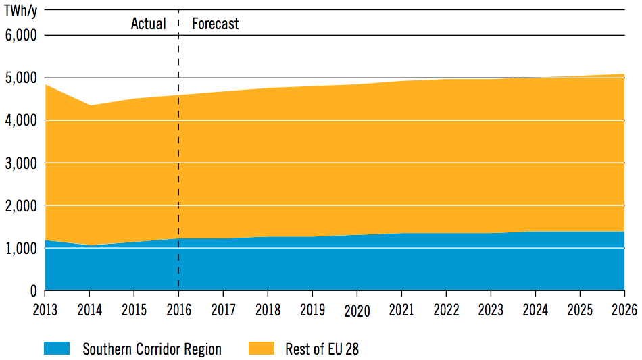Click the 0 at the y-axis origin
point(32,291)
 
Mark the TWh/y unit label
point(21,11)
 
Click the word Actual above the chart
point(148,24)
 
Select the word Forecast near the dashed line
point(216,24)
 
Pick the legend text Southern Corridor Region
point(152,349)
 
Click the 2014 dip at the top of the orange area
point(89,105)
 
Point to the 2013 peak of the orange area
point(45,84)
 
